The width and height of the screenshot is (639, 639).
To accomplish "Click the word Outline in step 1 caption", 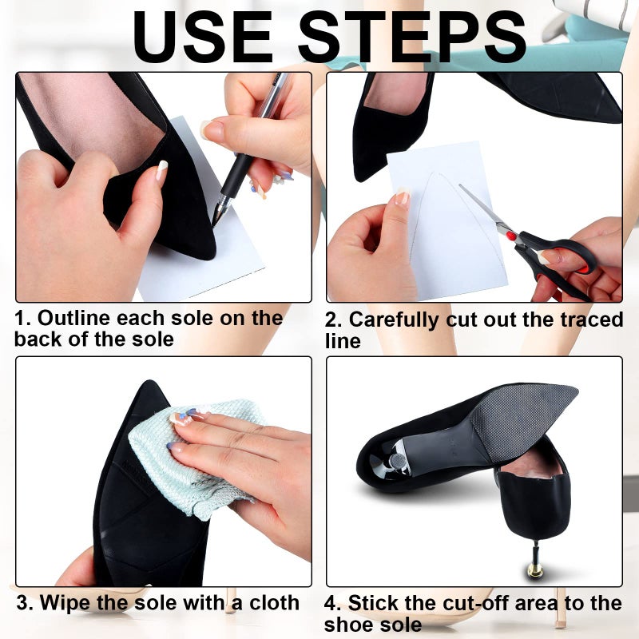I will [x=70, y=318].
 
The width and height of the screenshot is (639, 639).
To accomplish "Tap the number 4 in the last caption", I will [x=331, y=602].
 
